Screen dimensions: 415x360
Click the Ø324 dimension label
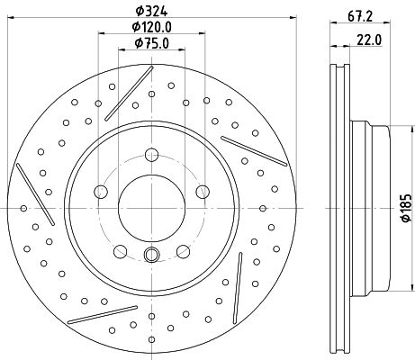click(151, 11)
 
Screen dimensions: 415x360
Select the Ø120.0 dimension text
click(152, 27)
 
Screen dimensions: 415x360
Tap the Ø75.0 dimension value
click(152, 43)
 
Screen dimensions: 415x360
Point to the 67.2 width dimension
click(360, 16)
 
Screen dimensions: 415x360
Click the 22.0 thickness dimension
click(369, 40)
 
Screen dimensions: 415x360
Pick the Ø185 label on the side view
click(406, 208)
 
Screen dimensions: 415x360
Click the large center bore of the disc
click(151, 208)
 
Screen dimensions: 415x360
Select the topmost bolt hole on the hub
click(151, 155)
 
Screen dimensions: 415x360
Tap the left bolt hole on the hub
click(101, 192)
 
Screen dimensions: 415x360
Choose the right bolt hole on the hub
click(203, 192)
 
